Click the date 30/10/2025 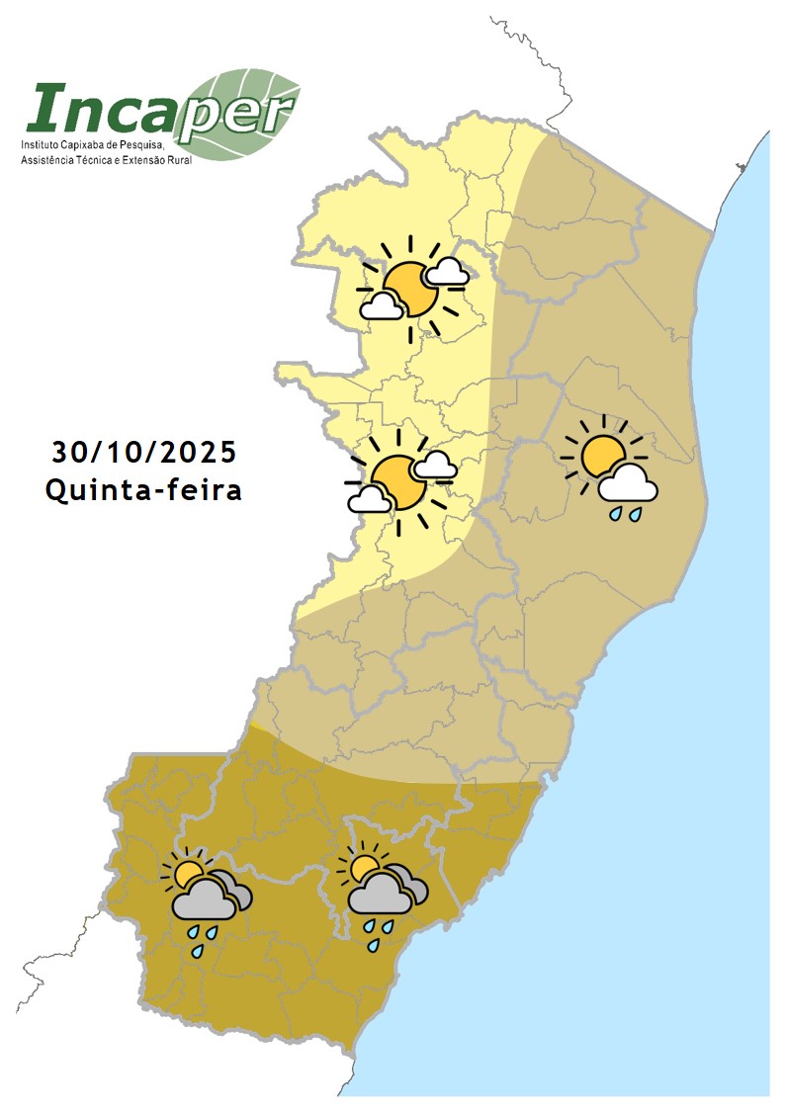click(144, 452)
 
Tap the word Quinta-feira click(144, 489)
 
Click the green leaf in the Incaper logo click(247, 114)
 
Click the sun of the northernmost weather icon click(408, 288)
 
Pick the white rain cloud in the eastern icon click(628, 484)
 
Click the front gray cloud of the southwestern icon click(204, 901)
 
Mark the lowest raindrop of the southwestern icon click(198, 951)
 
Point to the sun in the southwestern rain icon click(186, 872)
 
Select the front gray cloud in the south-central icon click(379, 898)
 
